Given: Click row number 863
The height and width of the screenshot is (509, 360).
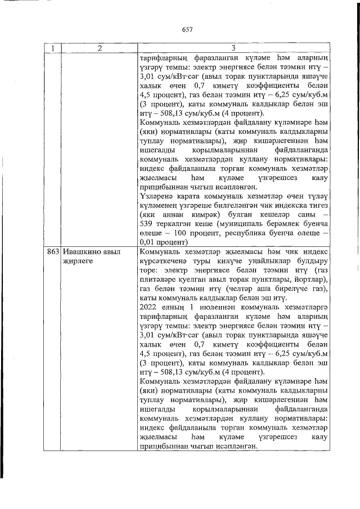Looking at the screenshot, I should point(53,252).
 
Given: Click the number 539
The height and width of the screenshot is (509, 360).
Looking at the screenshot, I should point(146,222).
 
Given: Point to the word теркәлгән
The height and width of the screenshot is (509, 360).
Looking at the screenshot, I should point(175,222).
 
